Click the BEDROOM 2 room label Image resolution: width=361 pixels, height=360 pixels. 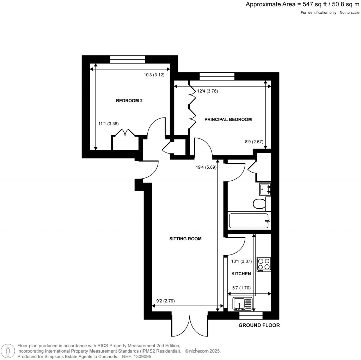pyautogui.click(x=129, y=101)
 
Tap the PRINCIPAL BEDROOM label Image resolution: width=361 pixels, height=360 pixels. pyautogui.click(x=228, y=119)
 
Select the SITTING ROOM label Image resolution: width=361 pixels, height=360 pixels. pyautogui.click(x=185, y=239)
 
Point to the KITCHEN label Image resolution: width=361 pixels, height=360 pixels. pyautogui.click(x=241, y=274)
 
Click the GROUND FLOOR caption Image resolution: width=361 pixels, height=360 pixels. pyautogui.click(x=259, y=325)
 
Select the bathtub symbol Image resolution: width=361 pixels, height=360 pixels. pyautogui.click(x=249, y=221)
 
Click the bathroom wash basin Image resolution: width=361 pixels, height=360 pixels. pyautogui.click(x=265, y=189)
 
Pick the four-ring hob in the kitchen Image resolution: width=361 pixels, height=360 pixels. pyautogui.click(x=264, y=264)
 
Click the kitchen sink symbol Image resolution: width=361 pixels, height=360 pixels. pyautogui.click(x=243, y=304)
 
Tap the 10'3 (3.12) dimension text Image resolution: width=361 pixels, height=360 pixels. pyautogui.click(x=154, y=75)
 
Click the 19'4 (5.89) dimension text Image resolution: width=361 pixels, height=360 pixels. pyautogui.click(x=206, y=167)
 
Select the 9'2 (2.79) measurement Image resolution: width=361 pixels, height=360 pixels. pyautogui.click(x=166, y=301)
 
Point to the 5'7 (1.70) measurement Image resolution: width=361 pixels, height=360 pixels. pyautogui.click(x=241, y=288)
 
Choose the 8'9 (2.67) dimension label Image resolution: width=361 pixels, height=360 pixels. pyautogui.click(x=254, y=142)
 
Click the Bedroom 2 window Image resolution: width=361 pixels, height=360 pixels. pyautogui.click(x=128, y=59)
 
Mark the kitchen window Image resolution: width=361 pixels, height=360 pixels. pyautogui.click(x=251, y=316)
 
